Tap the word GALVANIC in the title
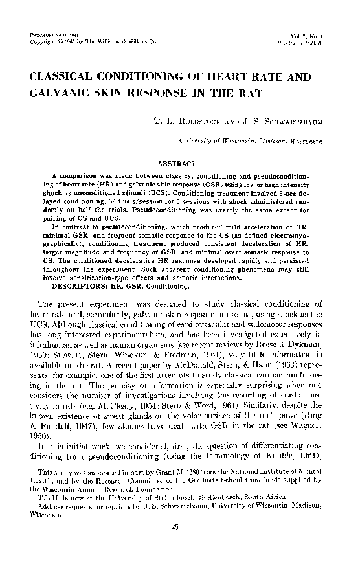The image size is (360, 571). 60,95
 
